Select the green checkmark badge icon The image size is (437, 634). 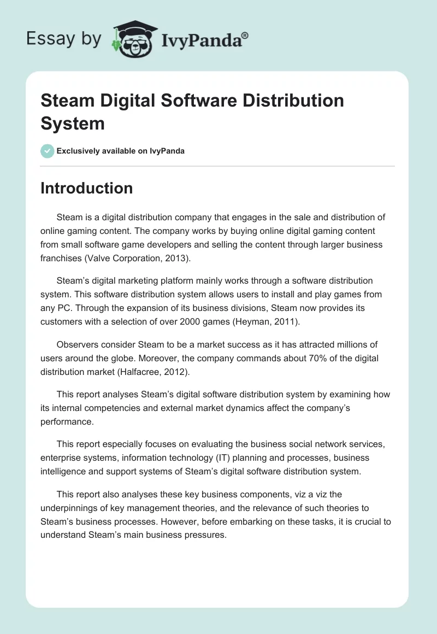click(x=48, y=151)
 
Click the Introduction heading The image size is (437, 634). click(x=86, y=188)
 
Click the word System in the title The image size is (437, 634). click(x=72, y=123)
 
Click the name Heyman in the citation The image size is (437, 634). click(x=252, y=322)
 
